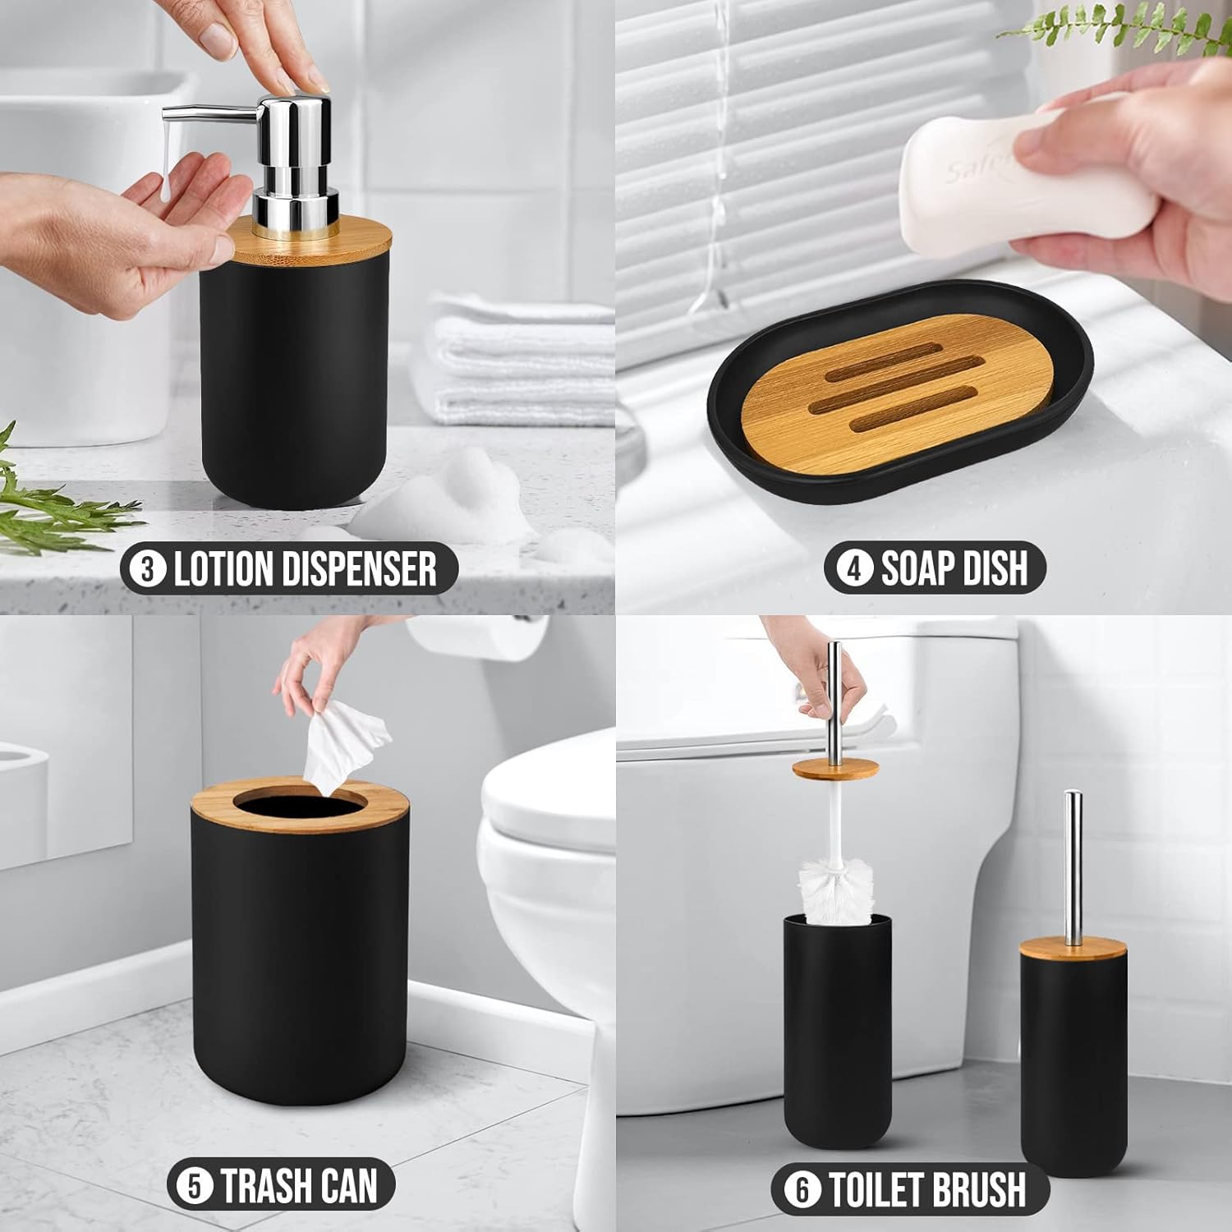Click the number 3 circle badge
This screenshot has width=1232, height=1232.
[x=148, y=568]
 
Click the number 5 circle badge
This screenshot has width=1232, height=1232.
[x=195, y=1187]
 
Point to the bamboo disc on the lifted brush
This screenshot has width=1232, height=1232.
[x=835, y=770]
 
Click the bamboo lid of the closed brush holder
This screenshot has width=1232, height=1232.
[x=1073, y=949]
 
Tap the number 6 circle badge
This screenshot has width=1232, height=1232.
[x=802, y=1190]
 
